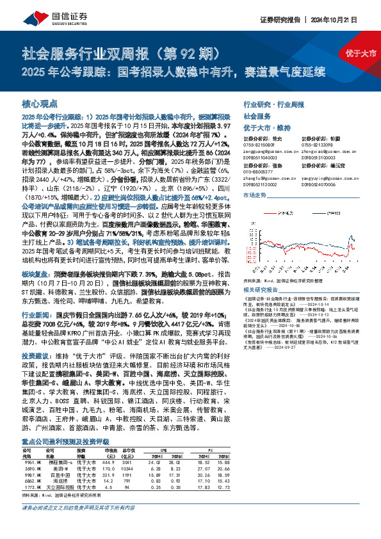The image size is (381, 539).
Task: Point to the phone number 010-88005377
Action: tap(259, 170)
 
